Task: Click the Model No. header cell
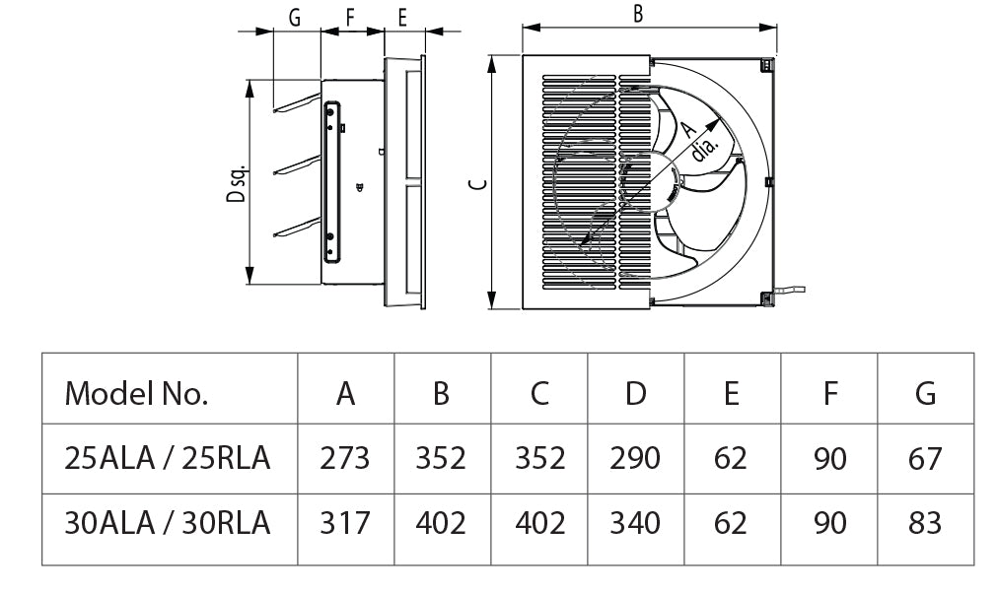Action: (x=136, y=394)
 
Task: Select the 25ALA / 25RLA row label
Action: (x=167, y=458)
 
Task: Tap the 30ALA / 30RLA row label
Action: (x=167, y=522)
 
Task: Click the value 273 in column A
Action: (x=345, y=458)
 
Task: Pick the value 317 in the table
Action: (x=345, y=522)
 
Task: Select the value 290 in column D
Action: (x=635, y=458)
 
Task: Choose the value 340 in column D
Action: (x=635, y=522)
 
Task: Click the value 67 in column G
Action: (x=925, y=458)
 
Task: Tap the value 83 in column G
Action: (x=925, y=522)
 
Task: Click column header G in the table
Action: (x=925, y=394)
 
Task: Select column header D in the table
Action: (x=635, y=394)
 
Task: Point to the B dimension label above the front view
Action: (x=638, y=14)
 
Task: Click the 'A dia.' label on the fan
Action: (x=698, y=141)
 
